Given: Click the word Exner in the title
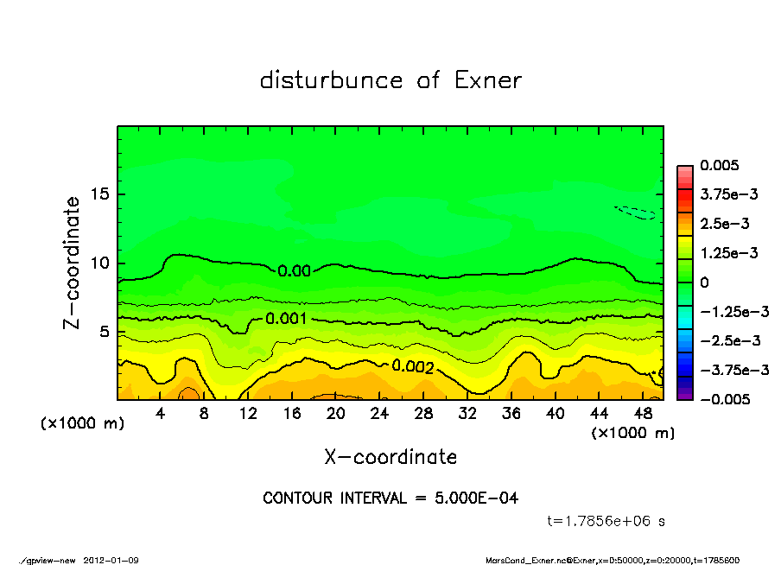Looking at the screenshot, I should (x=487, y=80).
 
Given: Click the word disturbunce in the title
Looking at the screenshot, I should (x=331, y=80).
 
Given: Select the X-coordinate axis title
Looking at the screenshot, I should (x=390, y=457).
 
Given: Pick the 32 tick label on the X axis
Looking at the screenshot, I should (x=467, y=414).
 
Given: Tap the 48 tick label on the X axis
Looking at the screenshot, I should (x=643, y=414).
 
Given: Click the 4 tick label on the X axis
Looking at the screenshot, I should (x=161, y=414).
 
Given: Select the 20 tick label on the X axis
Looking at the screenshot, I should (x=336, y=414).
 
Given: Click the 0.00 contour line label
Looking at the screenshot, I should (x=295, y=270).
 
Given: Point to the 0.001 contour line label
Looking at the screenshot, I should (x=287, y=319).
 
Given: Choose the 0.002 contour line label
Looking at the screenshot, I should (x=413, y=366).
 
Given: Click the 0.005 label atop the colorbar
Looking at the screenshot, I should (x=717, y=166).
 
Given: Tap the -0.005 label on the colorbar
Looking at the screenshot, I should (x=724, y=399).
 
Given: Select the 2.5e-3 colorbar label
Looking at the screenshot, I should (x=724, y=224).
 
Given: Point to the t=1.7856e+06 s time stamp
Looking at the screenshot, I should (x=606, y=521).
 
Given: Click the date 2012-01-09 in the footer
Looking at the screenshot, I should (x=111, y=560).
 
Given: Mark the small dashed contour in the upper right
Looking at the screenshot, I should (x=635, y=212).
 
